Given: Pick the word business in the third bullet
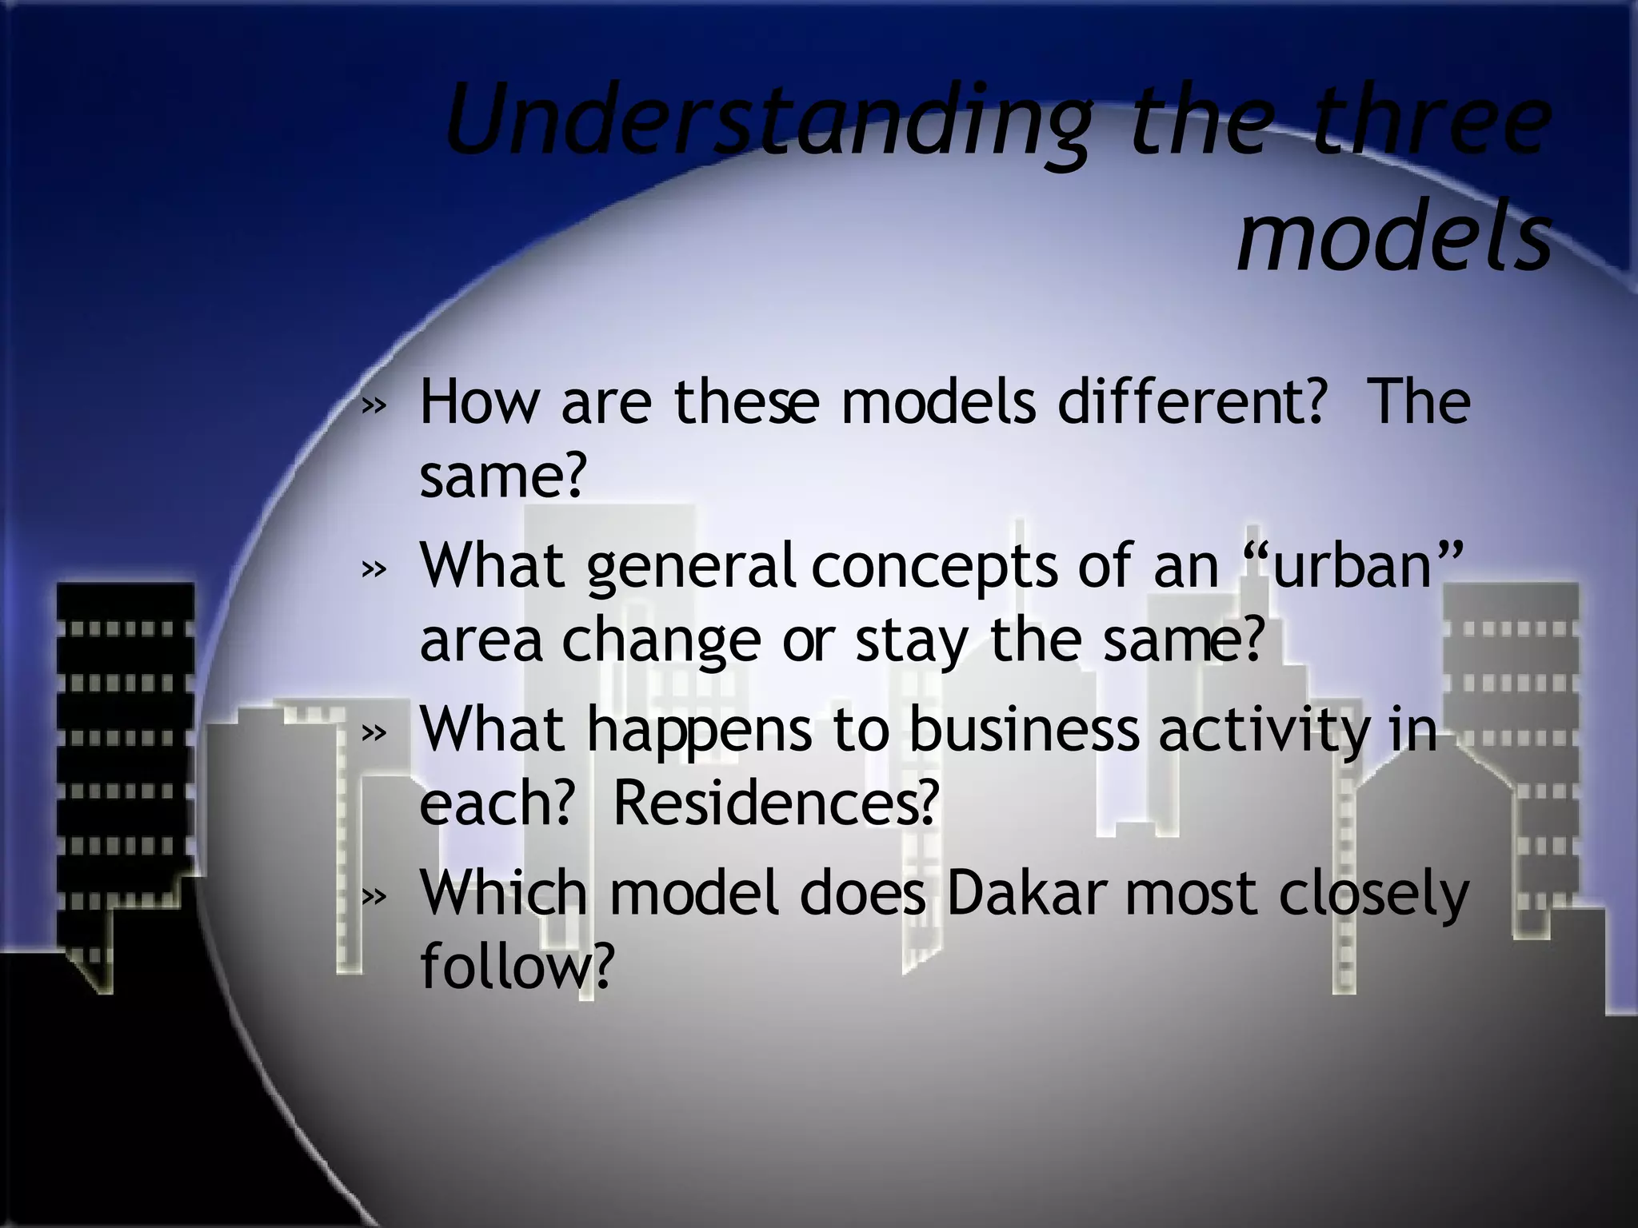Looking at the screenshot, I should click(x=1024, y=729).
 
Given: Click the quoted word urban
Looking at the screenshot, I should click(x=1352, y=565).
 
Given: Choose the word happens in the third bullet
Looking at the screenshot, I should click(x=699, y=731).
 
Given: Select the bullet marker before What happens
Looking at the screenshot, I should click(x=373, y=732).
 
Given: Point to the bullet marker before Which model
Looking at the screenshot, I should click(x=373, y=896).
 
